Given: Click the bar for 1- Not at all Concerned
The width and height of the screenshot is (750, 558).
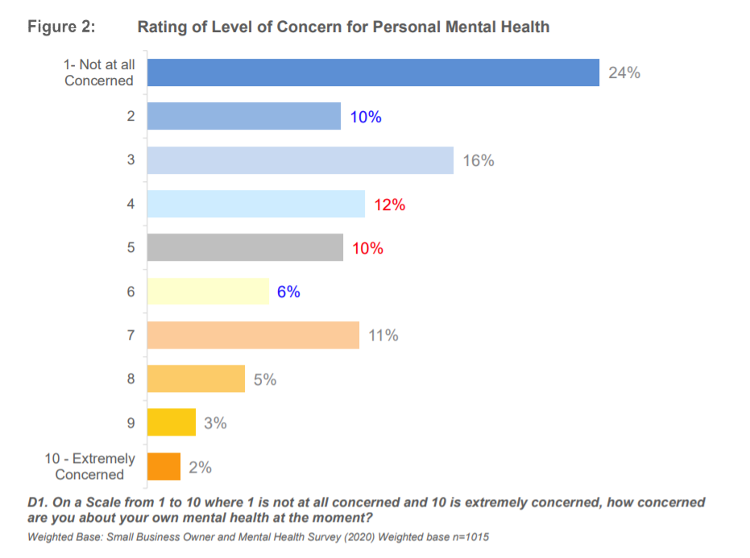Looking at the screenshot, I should [x=373, y=72].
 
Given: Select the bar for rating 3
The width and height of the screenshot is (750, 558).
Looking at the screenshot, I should [x=300, y=160].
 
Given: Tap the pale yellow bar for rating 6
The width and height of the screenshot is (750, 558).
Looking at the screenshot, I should [x=208, y=291].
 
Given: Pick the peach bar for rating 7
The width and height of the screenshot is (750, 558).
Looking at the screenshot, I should [x=253, y=335].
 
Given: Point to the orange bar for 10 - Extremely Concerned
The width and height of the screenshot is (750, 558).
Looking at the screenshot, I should [x=164, y=466].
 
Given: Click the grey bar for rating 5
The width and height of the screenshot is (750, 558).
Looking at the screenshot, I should [x=245, y=248].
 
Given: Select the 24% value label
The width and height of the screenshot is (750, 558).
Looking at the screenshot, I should [x=624, y=72].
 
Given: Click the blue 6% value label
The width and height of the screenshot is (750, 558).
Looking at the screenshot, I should [x=288, y=291].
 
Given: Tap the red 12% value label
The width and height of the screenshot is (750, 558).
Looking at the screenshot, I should [x=389, y=205].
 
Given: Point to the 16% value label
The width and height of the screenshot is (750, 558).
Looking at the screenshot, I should [x=479, y=160].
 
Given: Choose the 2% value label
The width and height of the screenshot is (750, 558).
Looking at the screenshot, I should [x=200, y=466].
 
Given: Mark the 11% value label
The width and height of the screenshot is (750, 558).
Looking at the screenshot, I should [x=383, y=335].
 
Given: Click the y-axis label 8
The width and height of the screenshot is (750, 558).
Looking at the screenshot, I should [x=131, y=378].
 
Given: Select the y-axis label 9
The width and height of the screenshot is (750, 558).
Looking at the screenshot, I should [x=131, y=422].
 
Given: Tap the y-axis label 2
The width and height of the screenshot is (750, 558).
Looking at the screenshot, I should [x=131, y=117].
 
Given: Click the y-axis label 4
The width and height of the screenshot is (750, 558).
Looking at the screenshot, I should [x=131, y=205].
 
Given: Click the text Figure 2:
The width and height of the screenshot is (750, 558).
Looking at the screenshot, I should [x=61, y=27].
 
